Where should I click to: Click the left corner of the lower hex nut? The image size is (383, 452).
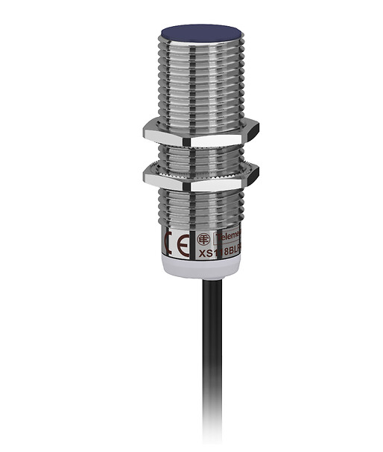click(145, 177)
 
